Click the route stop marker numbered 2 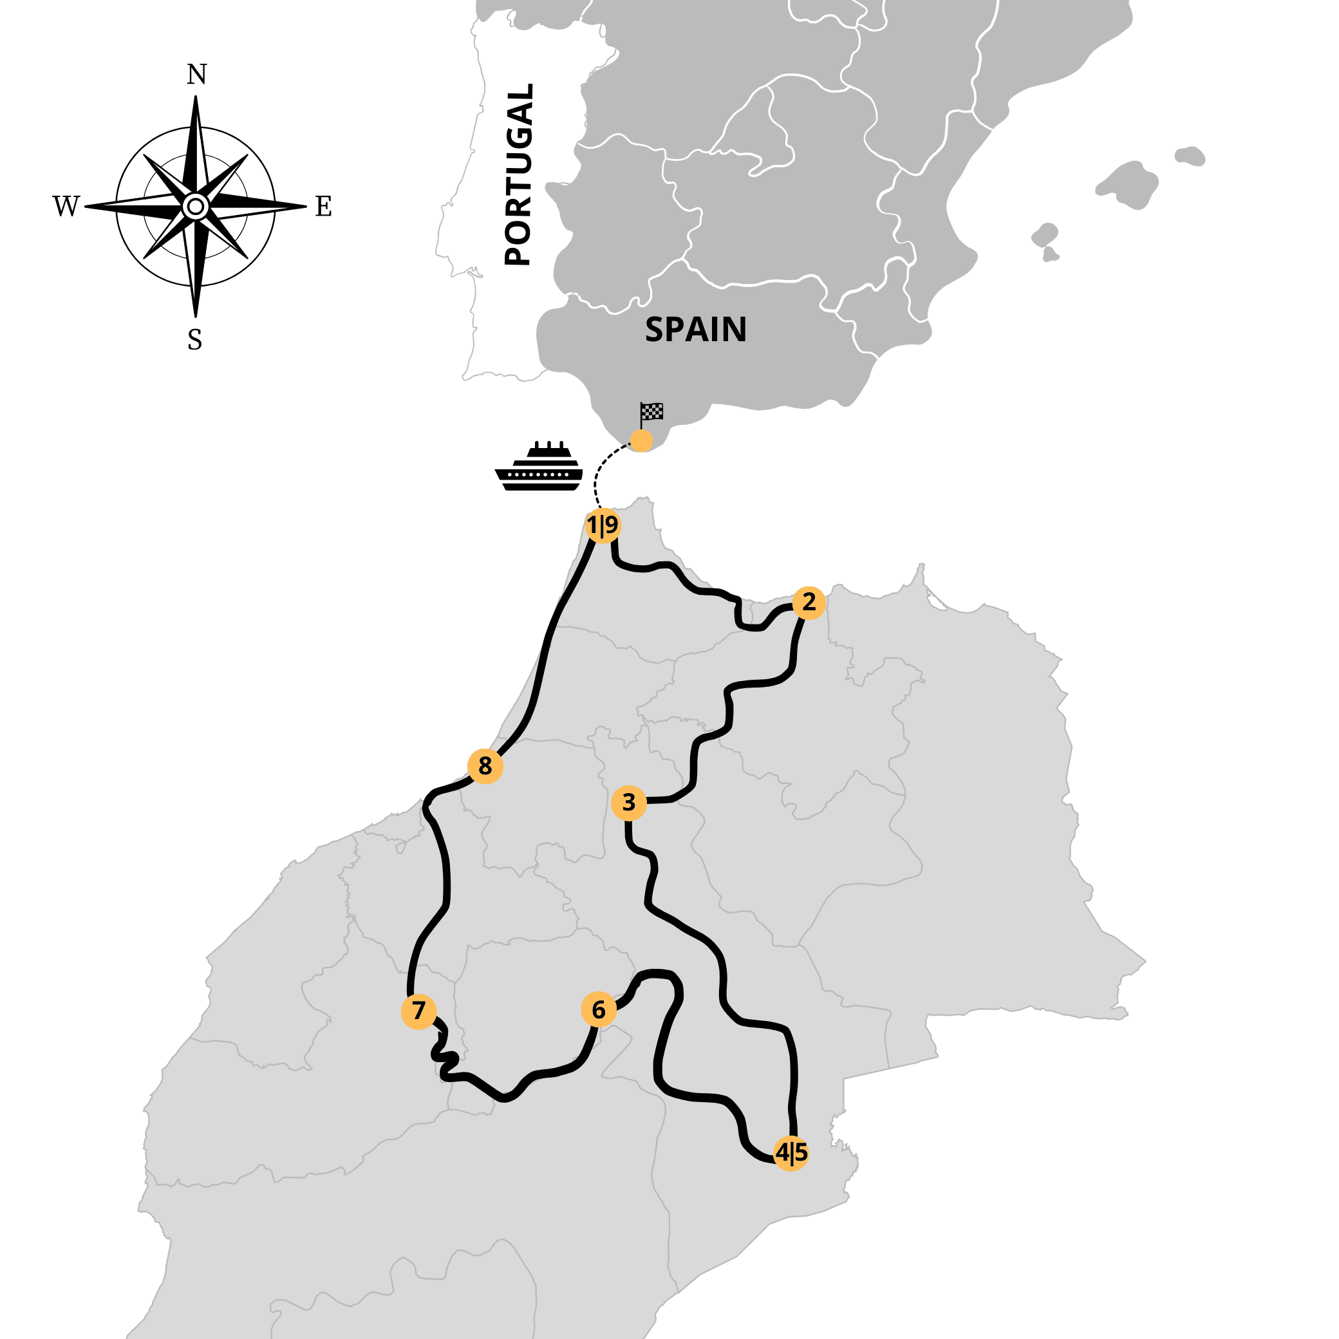coord(808,603)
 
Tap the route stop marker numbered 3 coord(628,803)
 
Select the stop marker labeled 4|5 coord(791,1153)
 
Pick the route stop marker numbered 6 coord(599,1010)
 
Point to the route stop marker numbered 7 coord(418,1011)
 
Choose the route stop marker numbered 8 coord(485,767)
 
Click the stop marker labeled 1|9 coord(603,526)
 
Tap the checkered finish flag coord(651,412)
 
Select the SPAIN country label coord(696,329)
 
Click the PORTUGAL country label coord(518,174)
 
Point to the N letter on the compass coord(197,75)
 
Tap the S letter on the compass coord(195,341)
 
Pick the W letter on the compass coord(66,207)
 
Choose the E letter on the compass coord(324,207)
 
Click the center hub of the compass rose coord(196,207)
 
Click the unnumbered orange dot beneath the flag coord(641,441)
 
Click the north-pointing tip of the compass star coord(196,99)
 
